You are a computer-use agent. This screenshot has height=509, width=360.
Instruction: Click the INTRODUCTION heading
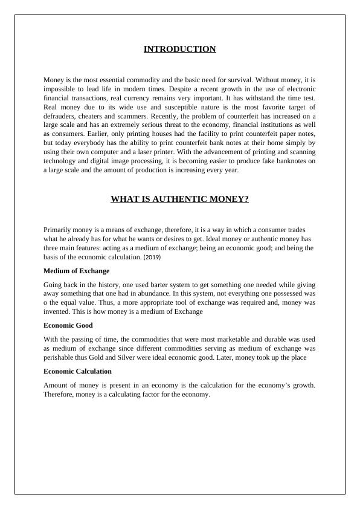click(179, 49)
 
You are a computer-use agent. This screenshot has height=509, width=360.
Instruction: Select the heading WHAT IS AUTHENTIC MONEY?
click(179, 199)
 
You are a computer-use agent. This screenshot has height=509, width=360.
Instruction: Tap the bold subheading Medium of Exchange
click(77, 271)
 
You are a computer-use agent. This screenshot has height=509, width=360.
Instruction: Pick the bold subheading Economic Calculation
click(77, 371)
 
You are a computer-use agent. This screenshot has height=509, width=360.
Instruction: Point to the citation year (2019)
click(152, 258)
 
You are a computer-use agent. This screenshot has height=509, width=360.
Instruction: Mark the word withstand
click(256, 97)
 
